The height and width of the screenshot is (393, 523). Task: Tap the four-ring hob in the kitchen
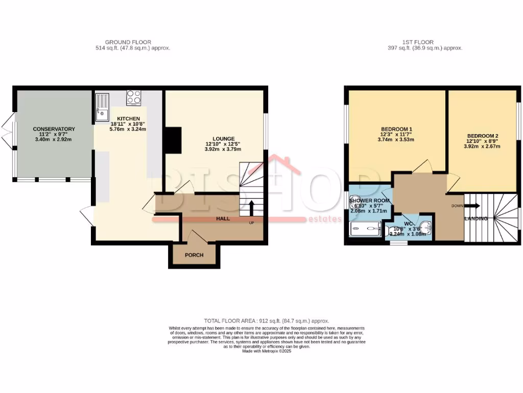(134, 97)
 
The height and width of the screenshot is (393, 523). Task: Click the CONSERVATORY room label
(54, 129)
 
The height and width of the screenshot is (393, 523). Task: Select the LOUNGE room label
(224, 139)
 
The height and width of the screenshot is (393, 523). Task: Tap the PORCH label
(194, 255)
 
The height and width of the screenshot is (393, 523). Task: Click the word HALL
(223, 219)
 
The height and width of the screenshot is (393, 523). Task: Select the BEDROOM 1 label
(396, 129)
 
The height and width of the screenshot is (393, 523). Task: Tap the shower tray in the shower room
(365, 230)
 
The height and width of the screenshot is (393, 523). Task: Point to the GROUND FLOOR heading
(128, 42)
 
